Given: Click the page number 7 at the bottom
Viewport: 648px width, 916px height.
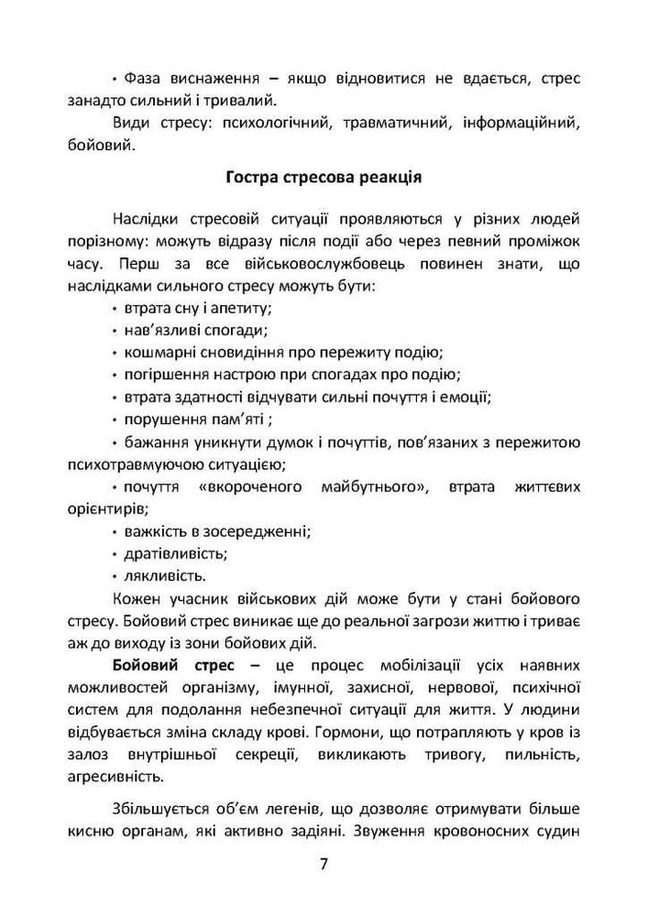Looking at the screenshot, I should [324, 865].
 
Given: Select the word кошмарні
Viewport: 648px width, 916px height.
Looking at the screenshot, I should [154, 353].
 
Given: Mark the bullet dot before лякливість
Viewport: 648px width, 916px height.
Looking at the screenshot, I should [114, 576].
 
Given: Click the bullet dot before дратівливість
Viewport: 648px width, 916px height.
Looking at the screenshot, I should [114, 554].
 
